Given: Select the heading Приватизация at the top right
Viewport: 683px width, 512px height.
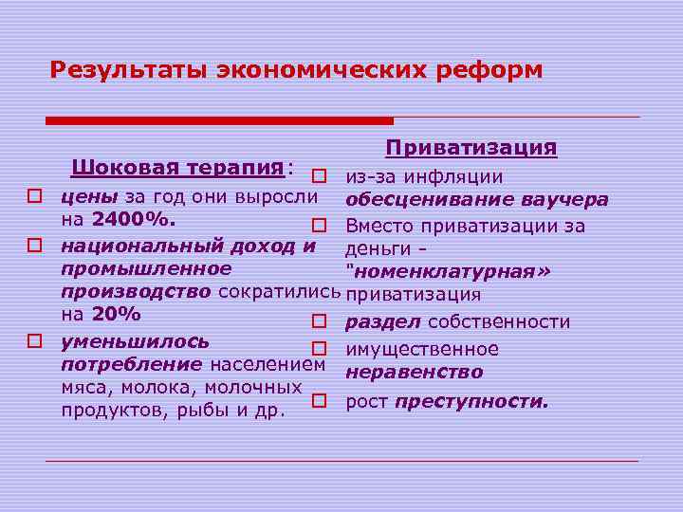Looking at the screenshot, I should click(471, 149).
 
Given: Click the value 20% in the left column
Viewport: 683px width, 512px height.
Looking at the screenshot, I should click(115, 315).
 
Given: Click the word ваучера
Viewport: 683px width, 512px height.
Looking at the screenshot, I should click(563, 200).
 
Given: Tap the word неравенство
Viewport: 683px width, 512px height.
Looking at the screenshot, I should click(415, 373).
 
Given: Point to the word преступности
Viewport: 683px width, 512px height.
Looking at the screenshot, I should click(471, 401).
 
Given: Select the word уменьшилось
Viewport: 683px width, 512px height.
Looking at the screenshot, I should click(135, 340).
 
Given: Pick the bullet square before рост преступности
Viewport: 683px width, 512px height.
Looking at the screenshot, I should click(320, 401).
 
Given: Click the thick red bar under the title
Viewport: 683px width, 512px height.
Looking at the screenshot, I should click(219, 120).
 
